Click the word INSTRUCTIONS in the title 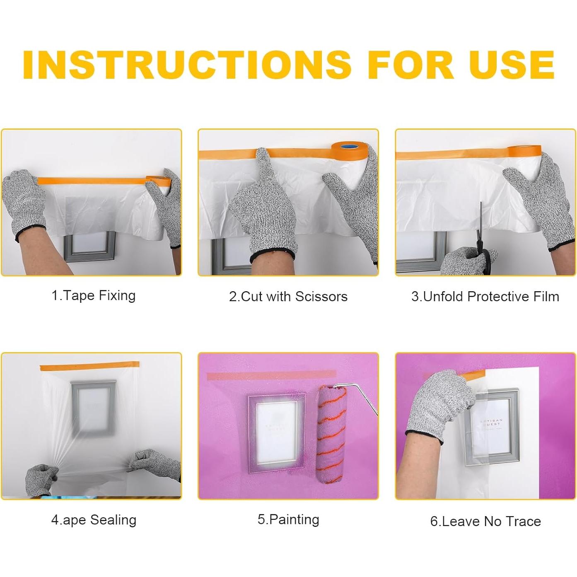point(187,65)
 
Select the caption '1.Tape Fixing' point(94,296)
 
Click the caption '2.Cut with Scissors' point(288,297)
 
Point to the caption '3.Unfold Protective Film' point(485,297)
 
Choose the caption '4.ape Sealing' point(94,520)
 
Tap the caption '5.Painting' point(288,519)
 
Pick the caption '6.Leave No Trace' point(486,521)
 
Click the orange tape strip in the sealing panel point(89,366)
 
